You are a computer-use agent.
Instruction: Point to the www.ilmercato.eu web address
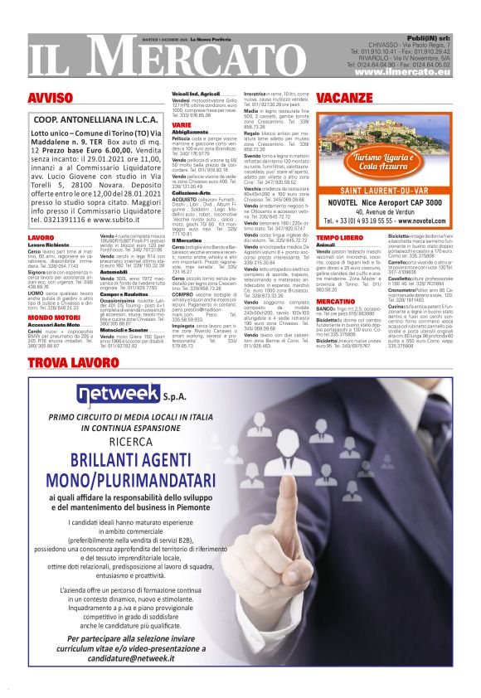tap(401, 74)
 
